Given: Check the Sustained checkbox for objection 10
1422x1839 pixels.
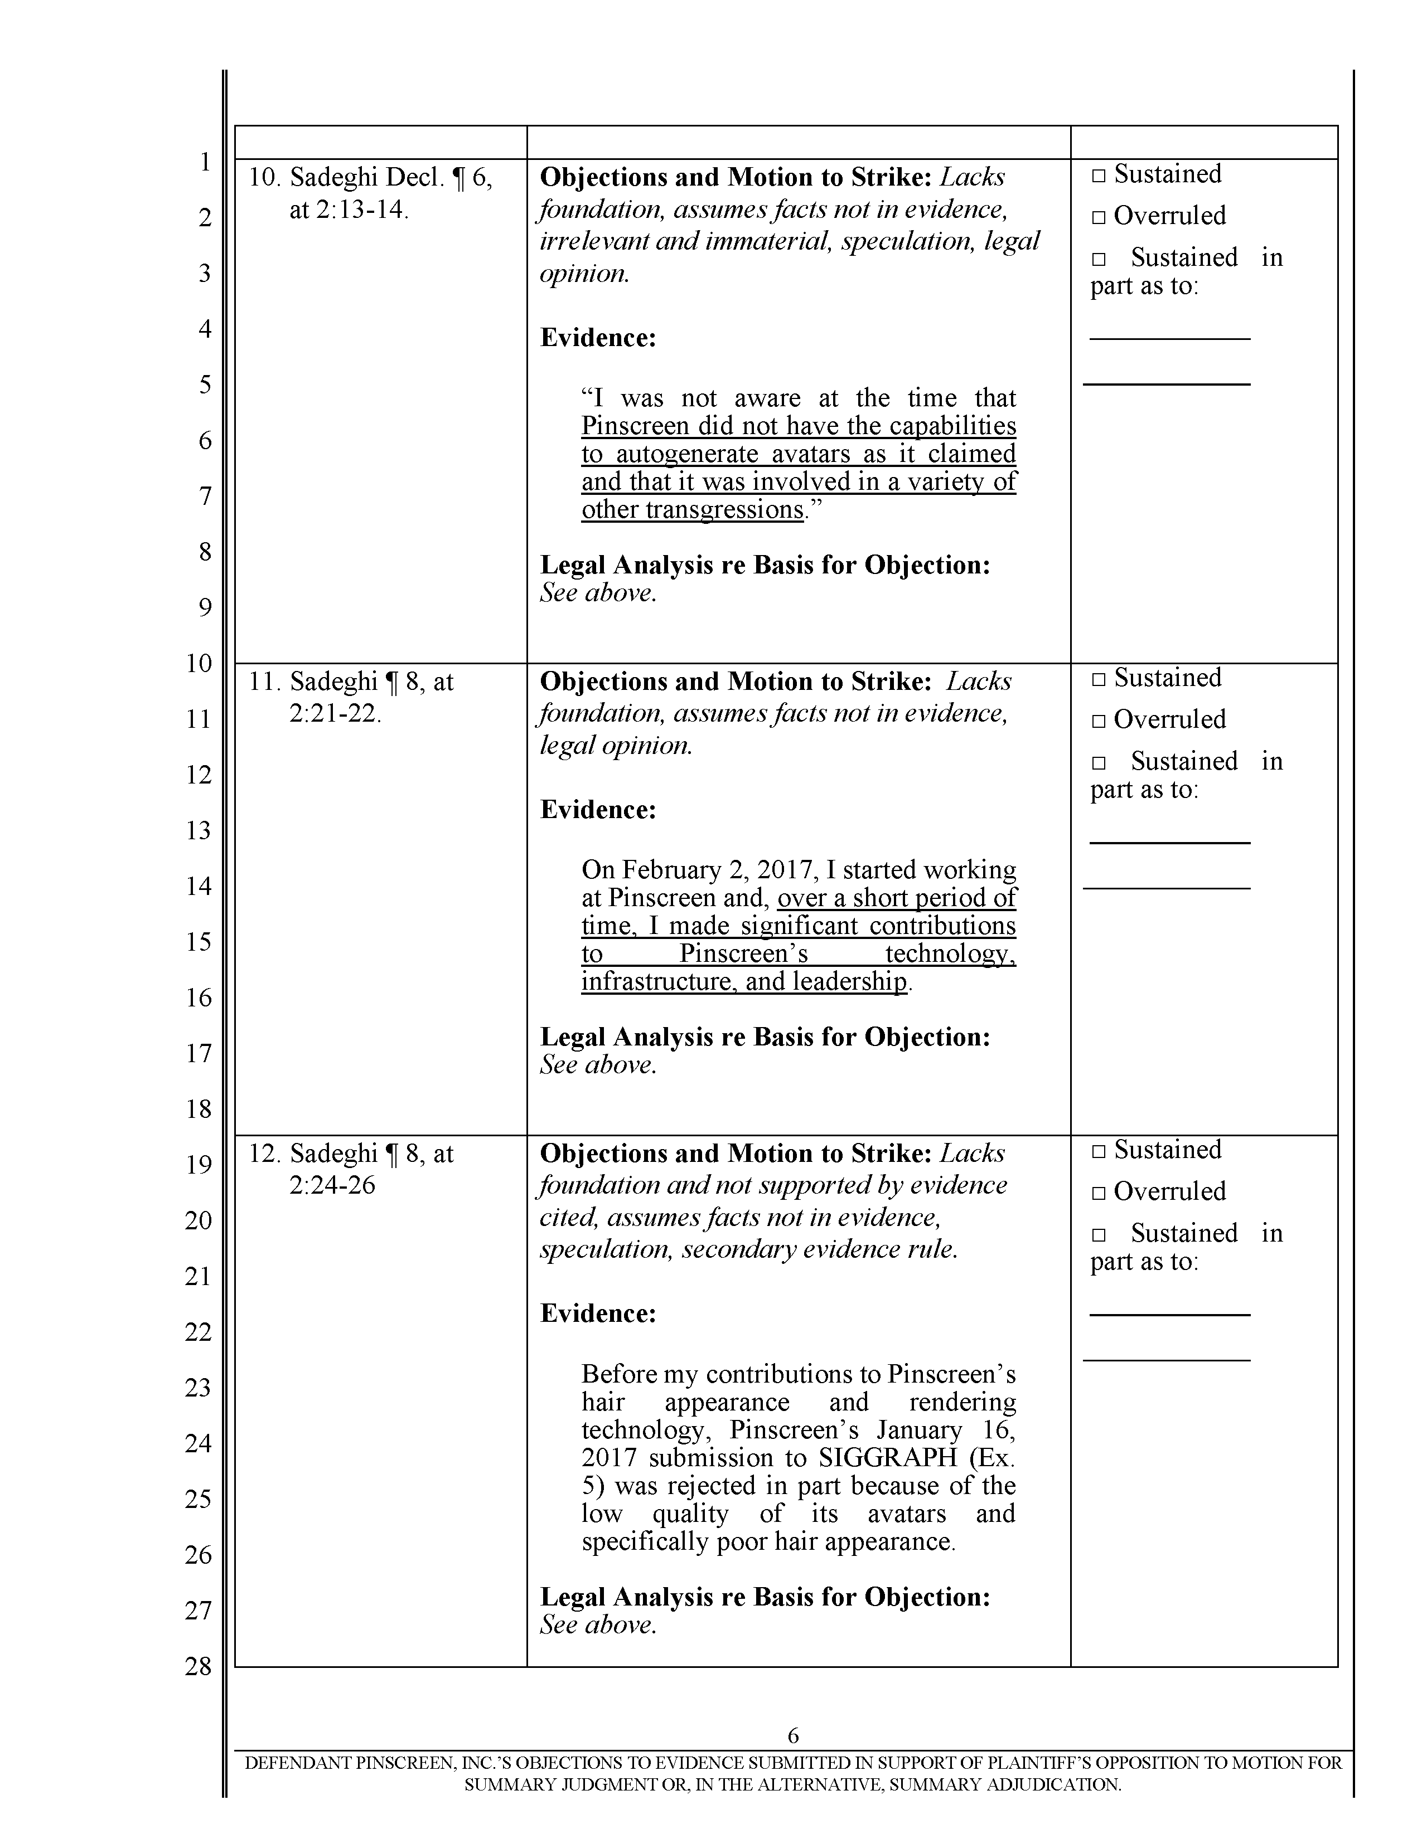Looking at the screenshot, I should point(1097,176).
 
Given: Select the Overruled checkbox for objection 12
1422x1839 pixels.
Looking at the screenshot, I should point(1097,1193).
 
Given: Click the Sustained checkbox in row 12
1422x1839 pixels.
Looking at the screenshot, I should point(1097,1152).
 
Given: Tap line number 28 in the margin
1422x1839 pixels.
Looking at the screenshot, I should point(198,1666).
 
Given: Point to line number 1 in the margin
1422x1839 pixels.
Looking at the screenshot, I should point(204,162).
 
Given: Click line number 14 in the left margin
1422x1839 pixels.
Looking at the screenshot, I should point(198,886).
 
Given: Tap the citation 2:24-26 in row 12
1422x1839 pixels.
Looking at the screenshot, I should point(332,1185).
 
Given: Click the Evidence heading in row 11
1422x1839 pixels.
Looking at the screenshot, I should point(597,810).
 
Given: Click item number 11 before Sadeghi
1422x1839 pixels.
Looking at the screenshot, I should point(263,681).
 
